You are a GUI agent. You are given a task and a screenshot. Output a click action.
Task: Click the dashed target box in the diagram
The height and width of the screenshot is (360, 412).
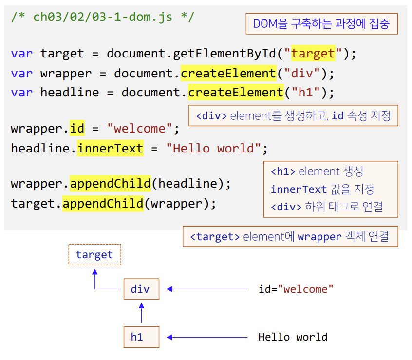tap(94, 255)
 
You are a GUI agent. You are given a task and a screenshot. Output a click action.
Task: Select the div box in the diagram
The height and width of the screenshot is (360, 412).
tap(141, 289)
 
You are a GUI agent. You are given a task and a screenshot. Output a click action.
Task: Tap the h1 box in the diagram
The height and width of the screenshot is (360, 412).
tap(141, 337)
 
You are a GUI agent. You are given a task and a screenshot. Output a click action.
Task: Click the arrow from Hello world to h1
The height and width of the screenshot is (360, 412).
tap(207, 337)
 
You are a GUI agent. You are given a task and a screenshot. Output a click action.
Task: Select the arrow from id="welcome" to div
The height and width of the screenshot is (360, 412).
tap(207, 289)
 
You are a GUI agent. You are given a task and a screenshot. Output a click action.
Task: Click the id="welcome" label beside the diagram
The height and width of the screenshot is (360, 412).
tap(296, 289)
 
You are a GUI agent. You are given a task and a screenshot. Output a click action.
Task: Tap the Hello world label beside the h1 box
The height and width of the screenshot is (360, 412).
tap(293, 337)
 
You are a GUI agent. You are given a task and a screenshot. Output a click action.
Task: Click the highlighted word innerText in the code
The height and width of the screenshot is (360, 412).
tap(110, 148)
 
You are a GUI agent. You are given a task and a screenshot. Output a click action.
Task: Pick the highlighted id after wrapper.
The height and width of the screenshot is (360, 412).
tap(76, 129)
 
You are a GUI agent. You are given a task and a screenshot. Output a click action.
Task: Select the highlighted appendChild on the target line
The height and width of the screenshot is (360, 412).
tap(103, 203)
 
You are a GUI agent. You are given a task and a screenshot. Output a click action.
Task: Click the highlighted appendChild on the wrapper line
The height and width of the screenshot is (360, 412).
tap(110, 184)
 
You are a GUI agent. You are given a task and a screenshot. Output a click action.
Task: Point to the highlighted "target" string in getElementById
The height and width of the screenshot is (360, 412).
tap(313, 53)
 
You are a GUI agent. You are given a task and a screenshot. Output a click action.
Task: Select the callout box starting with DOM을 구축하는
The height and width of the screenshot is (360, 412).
tap(321, 24)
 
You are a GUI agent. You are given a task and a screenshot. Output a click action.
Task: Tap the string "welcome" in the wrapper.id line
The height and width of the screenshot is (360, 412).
tap(140, 129)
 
